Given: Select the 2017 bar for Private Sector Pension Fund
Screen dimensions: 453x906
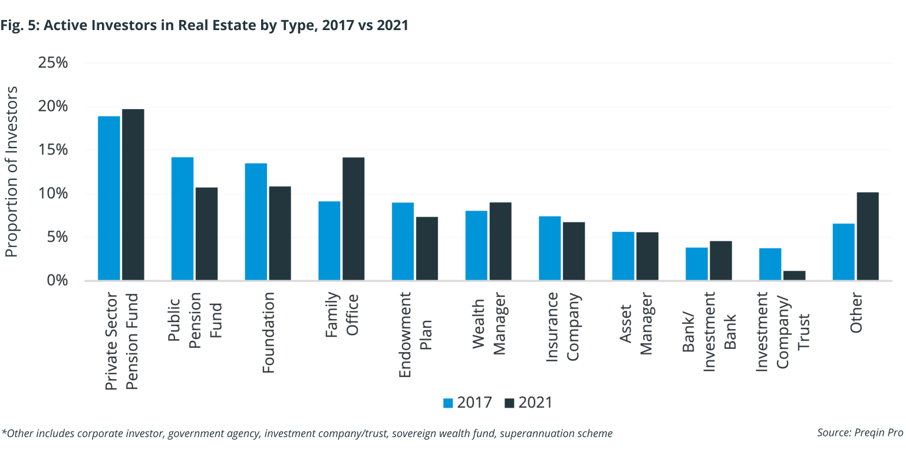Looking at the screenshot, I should [109, 198].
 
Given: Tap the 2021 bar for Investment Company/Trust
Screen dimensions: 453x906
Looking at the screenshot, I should [794, 275].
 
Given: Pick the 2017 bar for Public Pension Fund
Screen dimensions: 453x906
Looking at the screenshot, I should [182, 218].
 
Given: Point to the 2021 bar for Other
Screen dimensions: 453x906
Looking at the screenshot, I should [868, 236].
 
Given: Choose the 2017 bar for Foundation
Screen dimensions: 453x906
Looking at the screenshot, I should [256, 221].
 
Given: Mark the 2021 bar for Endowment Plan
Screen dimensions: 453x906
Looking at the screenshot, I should [427, 248].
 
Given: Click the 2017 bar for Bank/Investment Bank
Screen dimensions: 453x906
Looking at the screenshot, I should [697, 264].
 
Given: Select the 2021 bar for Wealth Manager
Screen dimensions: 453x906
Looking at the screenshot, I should [500, 241].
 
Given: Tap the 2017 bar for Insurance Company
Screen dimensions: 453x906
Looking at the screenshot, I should [550, 248].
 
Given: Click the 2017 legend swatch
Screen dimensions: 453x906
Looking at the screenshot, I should [449, 403].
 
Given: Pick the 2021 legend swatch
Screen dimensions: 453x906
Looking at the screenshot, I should [510, 403].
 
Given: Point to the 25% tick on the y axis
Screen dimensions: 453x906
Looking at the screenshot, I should [54, 63].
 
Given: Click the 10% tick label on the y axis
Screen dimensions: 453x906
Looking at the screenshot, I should [54, 194].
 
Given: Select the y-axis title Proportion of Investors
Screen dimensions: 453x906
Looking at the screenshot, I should [12, 172].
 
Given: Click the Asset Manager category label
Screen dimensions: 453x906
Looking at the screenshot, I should [636, 330].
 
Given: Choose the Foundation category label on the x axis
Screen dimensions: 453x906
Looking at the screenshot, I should [268, 333].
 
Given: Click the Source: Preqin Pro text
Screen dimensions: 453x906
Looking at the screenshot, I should [860, 433].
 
